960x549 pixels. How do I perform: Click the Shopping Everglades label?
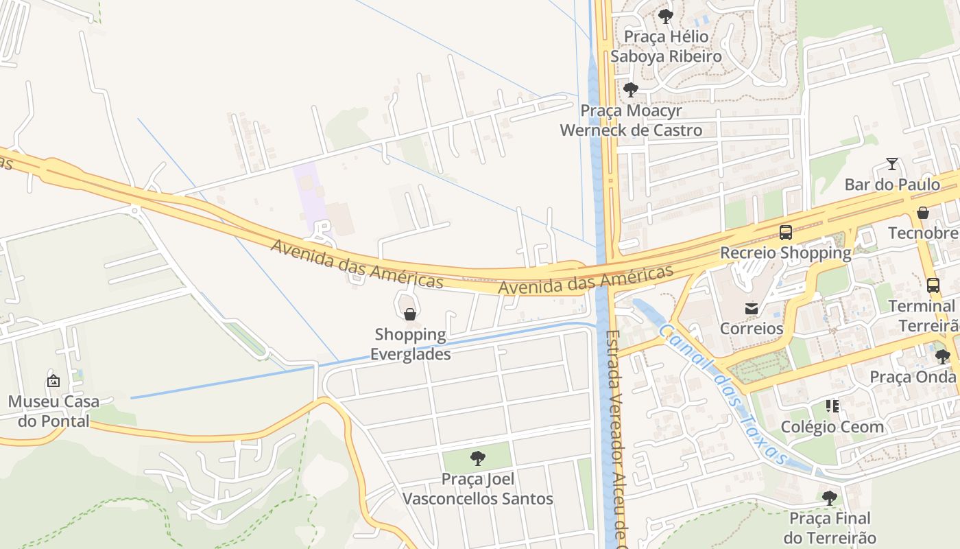410,344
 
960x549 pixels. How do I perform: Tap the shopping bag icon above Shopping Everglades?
410,314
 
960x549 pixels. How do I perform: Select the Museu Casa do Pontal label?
53,411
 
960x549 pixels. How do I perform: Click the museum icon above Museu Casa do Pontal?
53,381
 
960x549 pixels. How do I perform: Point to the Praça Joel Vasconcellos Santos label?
477,489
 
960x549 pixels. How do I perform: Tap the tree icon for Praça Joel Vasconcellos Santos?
477,458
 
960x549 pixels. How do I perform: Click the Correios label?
751,329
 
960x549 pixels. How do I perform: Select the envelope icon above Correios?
752,308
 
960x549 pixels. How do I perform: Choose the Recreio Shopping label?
785,253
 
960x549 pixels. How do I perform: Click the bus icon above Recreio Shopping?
786,233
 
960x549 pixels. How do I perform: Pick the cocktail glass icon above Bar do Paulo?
892,163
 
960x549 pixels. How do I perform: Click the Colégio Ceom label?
832,427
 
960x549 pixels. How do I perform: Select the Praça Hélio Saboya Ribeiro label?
666,46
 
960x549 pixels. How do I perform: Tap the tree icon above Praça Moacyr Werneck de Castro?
631,89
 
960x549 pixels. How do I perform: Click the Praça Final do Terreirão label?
830,528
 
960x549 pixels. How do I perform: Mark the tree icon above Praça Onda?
943,356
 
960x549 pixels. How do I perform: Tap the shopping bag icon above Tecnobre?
923,213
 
